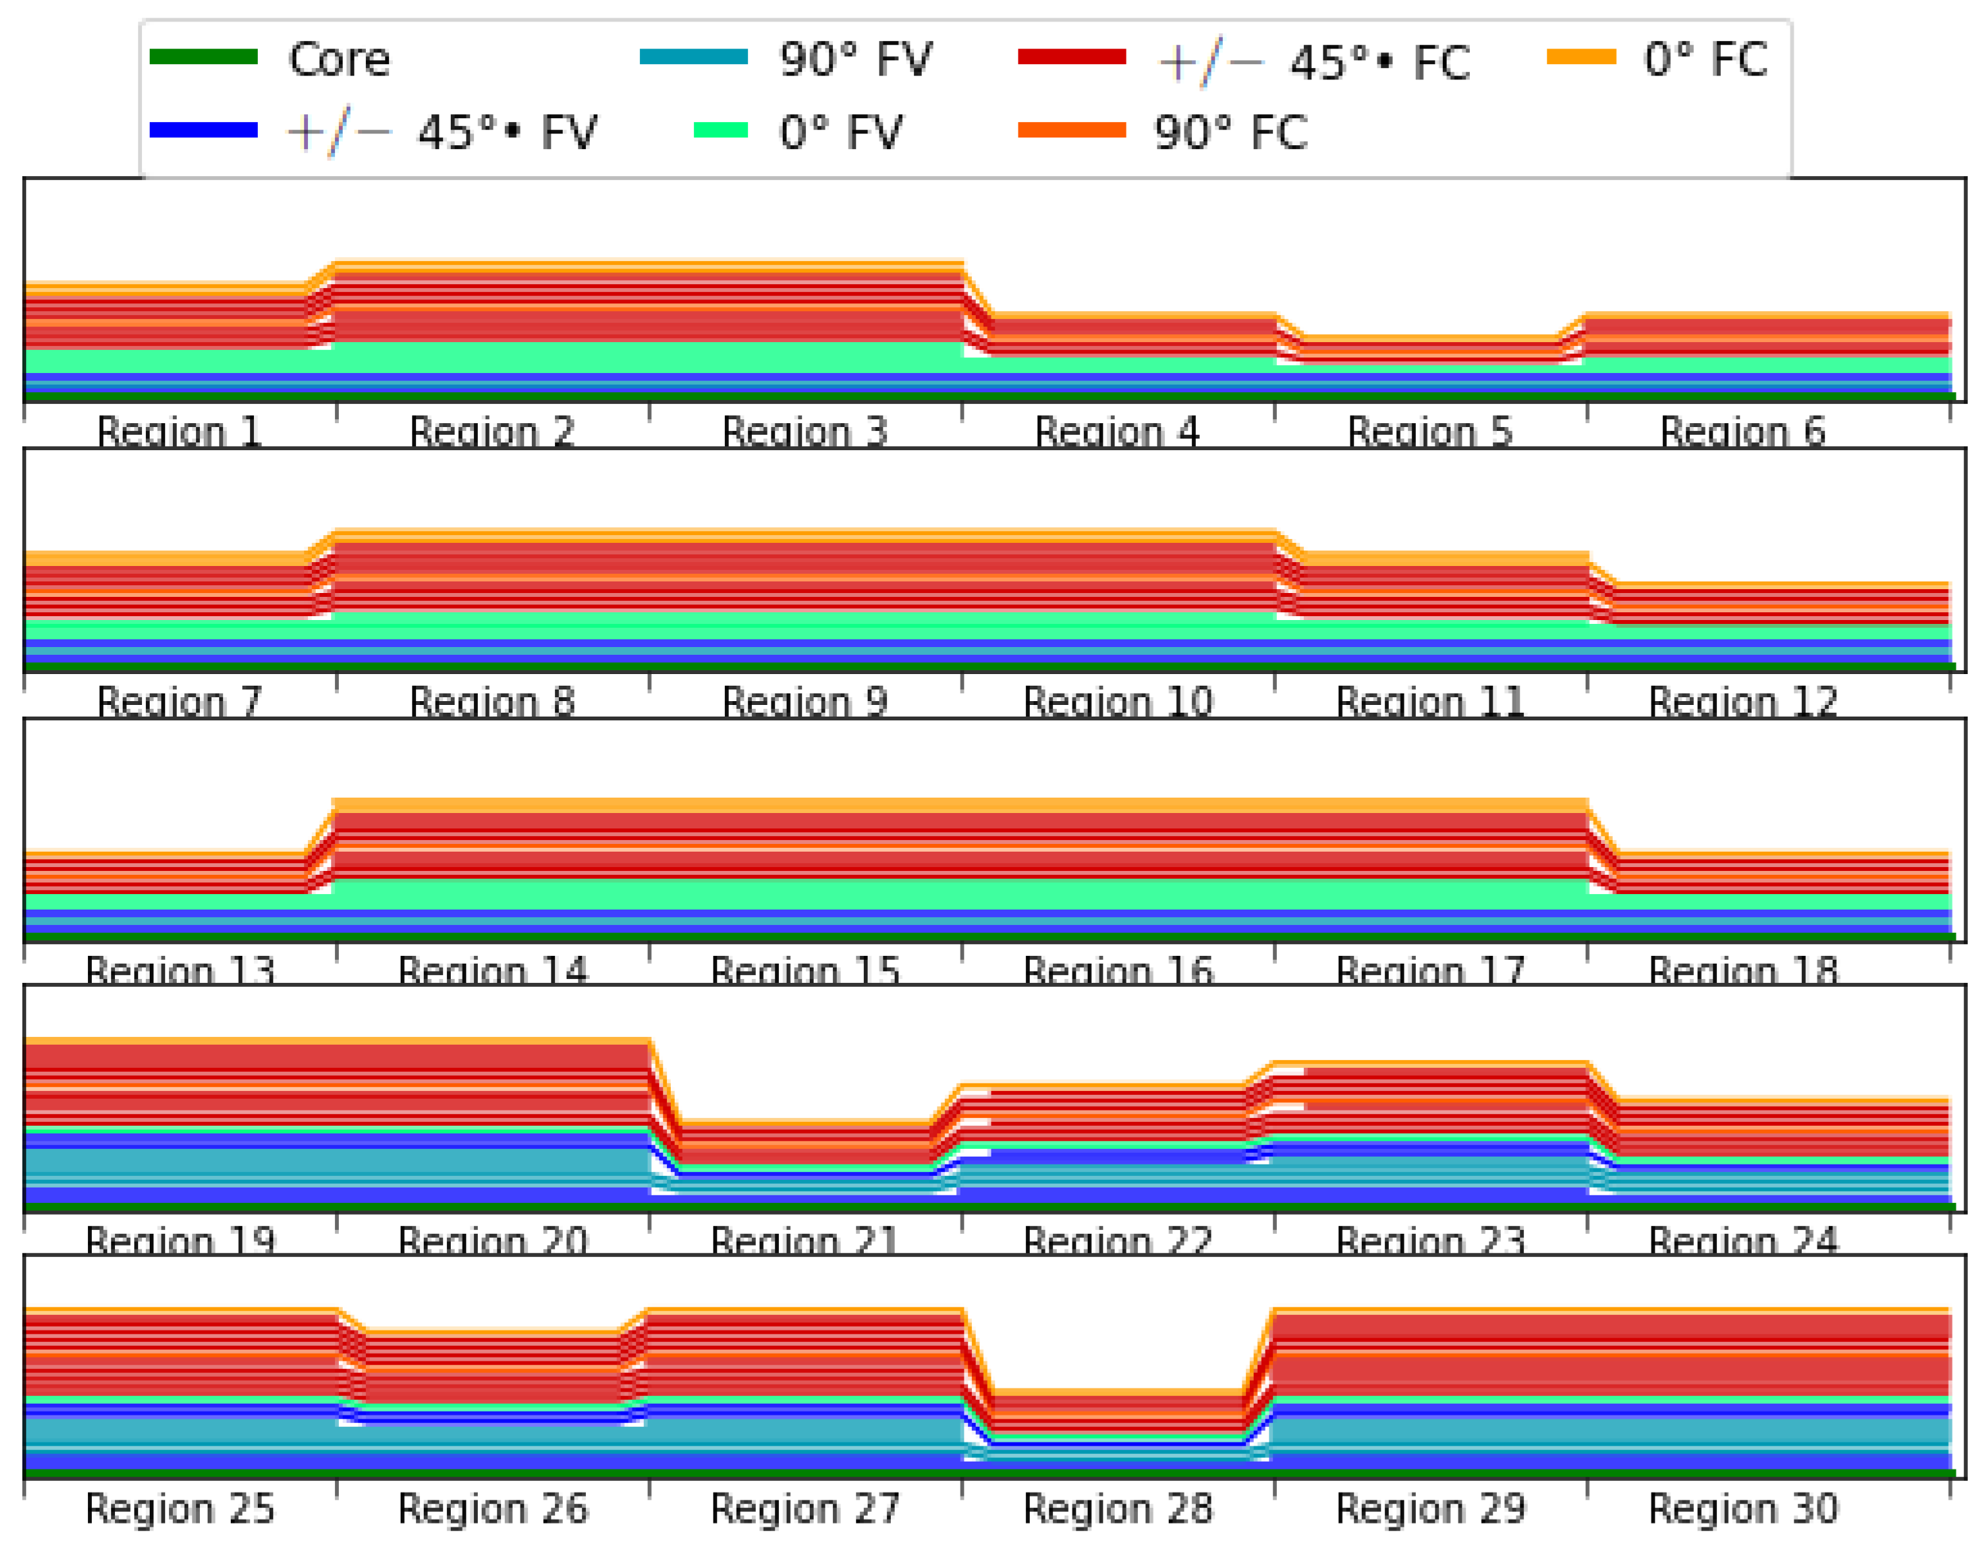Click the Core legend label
point(339,60)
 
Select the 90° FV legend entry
point(855,60)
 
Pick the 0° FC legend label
point(1704,60)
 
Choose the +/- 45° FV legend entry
point(442,133)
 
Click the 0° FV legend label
point(839,133)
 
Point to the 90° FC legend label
point(1230,133)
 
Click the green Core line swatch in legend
point(203,57)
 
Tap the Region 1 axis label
point(179,432)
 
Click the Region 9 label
point(804,702)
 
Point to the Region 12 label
point(1742,702)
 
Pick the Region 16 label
point(1117,971)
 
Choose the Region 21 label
point(804,1241)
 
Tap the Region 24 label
point(1742,1241)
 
